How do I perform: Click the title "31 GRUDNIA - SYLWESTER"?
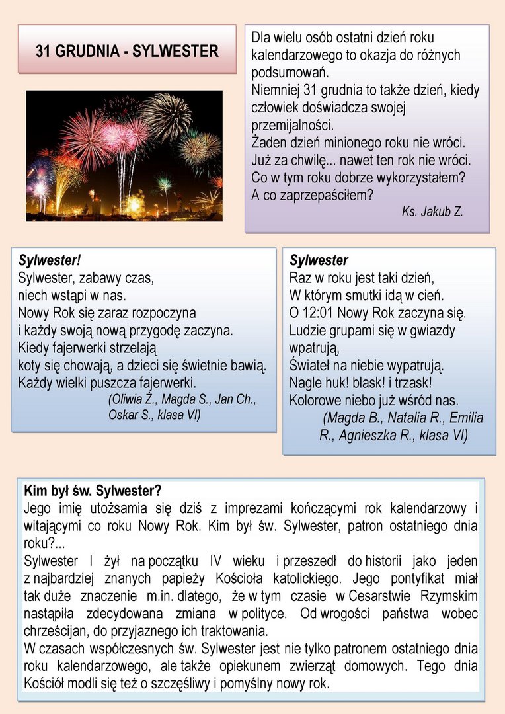pyautogui.click(x=127, y=51)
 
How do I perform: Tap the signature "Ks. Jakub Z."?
pyautogui.click(x=432, y=212)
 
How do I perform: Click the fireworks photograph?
pyautogui.click(x=124, y=156)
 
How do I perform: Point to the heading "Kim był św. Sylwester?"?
pyautogui.click(x=93, y=491)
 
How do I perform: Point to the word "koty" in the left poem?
pyautogui.click(x=30, y=365)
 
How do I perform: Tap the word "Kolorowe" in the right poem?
pyautogui.click(x=315, y=400)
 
